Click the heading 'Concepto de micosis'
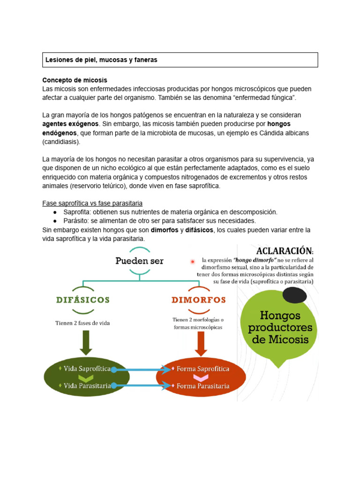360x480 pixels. coord(75,80)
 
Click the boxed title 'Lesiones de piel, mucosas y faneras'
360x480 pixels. coord(101,60)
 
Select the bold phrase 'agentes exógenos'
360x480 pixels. coord(70,124)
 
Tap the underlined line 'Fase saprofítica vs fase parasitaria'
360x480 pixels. coord(92,203)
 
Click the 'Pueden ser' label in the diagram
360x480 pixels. coord(139,261)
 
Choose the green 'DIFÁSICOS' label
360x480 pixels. coord(82,300)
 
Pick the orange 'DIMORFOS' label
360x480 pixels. coord(199,300)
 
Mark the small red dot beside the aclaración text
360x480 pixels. coord(193,261)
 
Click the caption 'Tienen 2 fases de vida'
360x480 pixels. coord(82,323)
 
